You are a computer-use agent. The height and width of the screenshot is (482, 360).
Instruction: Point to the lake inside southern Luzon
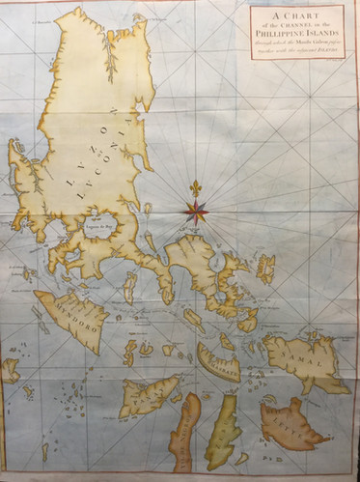coord(103,228)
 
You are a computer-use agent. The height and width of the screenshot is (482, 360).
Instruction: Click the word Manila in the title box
coord(299,40)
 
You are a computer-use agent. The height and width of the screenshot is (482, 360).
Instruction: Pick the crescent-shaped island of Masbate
coord(218,362)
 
